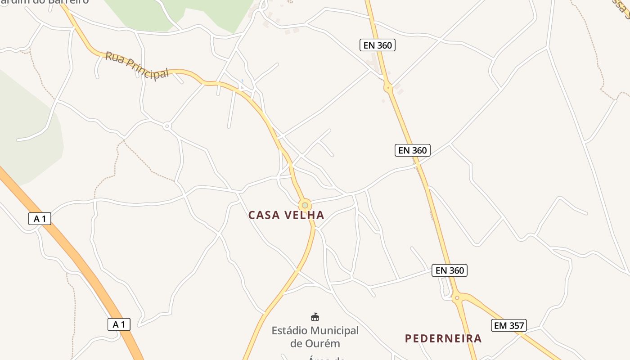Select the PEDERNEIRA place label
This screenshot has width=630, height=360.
click(443, 338)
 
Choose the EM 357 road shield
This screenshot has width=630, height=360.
click(508, 325)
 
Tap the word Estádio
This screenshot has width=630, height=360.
click(292, 331)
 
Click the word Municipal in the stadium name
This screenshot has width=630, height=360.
click(336, 331)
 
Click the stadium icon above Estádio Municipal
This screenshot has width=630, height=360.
click(315, 317)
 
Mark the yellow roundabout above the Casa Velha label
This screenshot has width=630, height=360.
click(305, 205)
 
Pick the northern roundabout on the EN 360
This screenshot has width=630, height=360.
click(388, 87)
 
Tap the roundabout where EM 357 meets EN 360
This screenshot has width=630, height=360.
click(457, 297)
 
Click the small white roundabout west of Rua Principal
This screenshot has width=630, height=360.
click(167, 126)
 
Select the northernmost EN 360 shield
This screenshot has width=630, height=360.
click(378, 45)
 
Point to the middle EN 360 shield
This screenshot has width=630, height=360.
click(413, 150)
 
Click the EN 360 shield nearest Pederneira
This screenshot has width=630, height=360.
click(450, 270)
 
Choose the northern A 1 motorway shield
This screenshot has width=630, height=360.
click(40, 219)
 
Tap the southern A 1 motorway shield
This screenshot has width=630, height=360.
click(119, 324)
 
